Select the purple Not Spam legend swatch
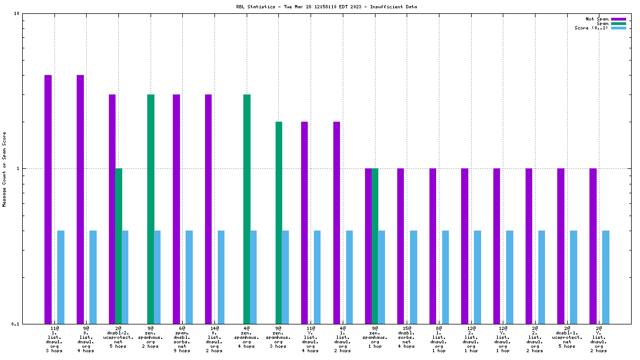(x=618, y=19)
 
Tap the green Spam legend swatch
(x=618, y=23)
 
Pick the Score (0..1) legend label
(x=591, y=28)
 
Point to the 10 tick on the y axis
(x=17, y=14)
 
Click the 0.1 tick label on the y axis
(x=16, y=324)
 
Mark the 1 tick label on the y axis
(x=18, y=168)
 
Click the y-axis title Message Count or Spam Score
(x=4, y=169)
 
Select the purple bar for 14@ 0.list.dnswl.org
(x=208, y=209)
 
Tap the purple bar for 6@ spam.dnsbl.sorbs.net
(x=176, y=209)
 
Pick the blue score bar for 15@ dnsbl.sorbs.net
(x=413, y=277)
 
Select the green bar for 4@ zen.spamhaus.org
(x=247, y=209)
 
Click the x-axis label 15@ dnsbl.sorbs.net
(x=407, y=337)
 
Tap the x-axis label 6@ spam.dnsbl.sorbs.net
(x=182, y=339)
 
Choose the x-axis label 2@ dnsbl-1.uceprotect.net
(x=567, y=337)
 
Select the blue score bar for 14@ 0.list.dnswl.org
(x=221, y=277)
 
